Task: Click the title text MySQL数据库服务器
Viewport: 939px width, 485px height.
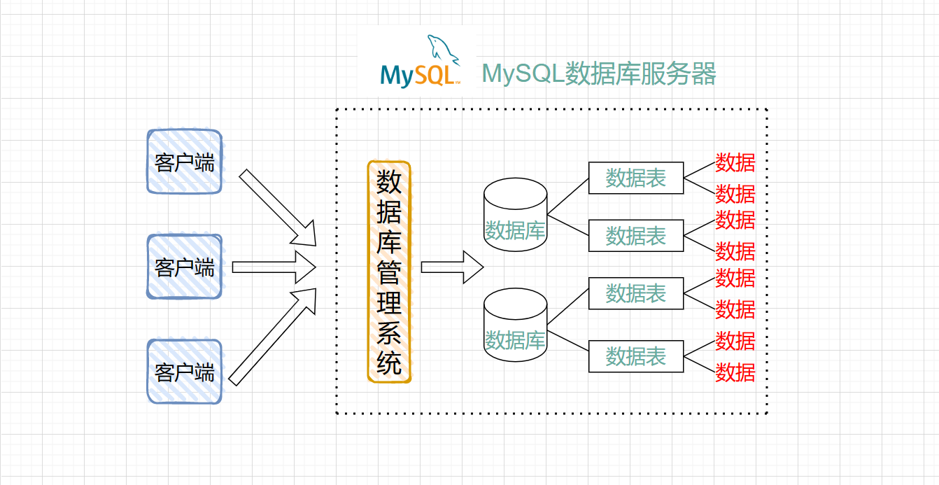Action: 599,73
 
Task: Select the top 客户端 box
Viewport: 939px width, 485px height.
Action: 185,162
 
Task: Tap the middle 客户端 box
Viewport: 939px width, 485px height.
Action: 185,267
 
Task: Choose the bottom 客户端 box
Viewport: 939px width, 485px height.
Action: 185,372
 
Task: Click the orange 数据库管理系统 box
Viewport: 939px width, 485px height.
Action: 389,272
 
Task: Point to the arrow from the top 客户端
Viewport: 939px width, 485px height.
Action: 278,207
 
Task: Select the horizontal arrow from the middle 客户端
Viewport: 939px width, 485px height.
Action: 274,267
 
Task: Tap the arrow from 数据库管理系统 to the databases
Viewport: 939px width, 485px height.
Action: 452,267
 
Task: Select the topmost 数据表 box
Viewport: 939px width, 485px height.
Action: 635,178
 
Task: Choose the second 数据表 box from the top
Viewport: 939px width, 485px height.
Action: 635,235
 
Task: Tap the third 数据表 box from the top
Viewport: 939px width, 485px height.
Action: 635,293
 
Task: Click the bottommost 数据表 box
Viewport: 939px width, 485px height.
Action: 635,356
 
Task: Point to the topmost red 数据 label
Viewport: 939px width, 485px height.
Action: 735,163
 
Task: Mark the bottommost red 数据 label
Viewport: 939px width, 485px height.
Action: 735,372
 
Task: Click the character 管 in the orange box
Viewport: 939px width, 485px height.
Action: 389,272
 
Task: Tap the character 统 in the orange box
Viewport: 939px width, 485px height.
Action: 389,363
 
